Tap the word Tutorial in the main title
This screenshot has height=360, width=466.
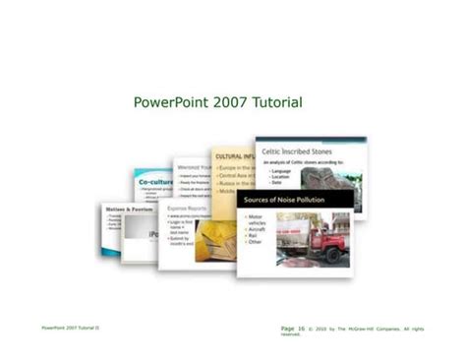[x=277, y=103]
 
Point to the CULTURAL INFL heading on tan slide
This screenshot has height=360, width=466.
[x=233, y=156]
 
